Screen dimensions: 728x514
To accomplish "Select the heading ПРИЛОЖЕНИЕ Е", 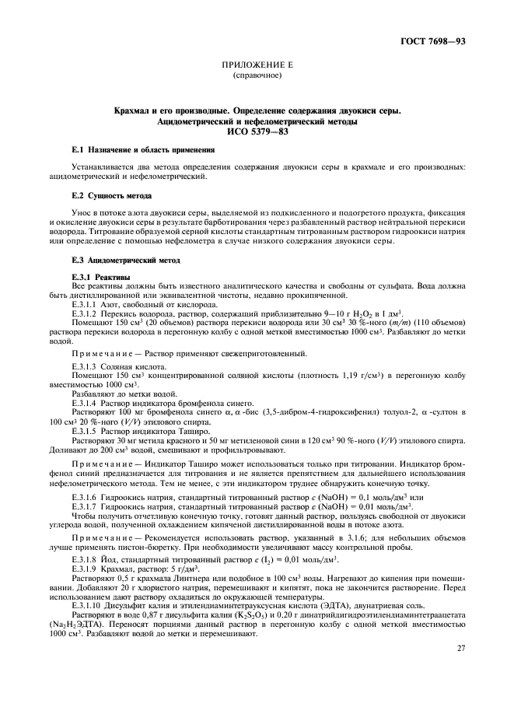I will [x=257, y=67].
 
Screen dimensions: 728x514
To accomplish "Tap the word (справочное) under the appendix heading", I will [x=257, y=76].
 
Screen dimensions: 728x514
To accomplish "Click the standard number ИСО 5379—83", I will [x=257, y=131].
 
